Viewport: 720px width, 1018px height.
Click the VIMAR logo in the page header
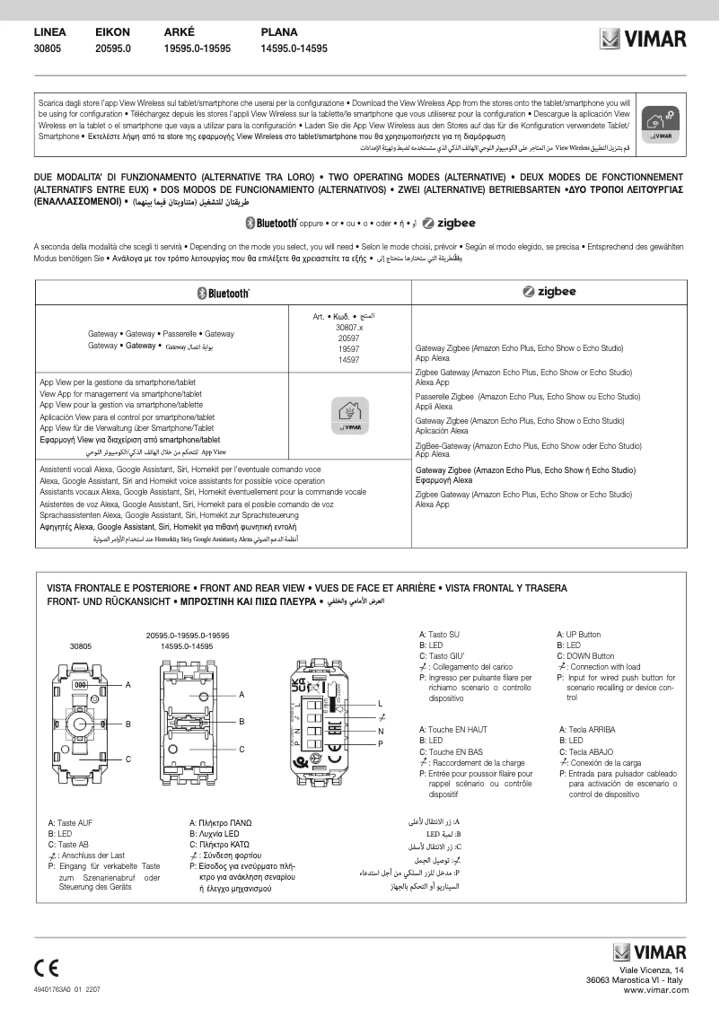[x=643, y=39]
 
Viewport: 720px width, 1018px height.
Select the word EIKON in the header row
[x=112, y=32]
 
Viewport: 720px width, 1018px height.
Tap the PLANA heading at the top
[x=279, y=32]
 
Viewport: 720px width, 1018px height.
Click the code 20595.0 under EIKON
[x=113, y=48]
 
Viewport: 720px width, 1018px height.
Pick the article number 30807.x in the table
[x=348, y=328]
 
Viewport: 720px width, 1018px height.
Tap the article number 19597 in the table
[x=348, y=349]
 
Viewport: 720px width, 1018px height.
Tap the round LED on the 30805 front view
[x=81, y=724]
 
